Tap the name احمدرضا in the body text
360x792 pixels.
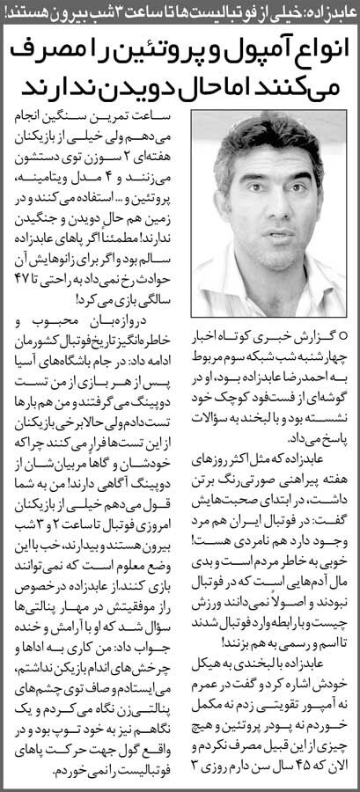point(273,374)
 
